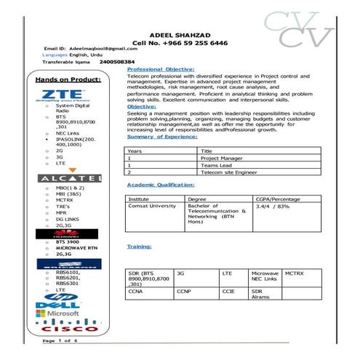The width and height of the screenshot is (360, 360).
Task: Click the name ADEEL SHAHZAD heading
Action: coord(180,34)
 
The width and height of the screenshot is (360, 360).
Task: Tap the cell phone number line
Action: coord(180,43)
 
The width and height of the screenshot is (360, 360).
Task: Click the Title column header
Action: coord(207,151)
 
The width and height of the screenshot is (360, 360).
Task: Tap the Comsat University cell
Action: coord(152,206)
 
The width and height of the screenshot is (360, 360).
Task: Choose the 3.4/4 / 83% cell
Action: coord(273,206)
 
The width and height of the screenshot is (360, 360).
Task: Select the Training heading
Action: coord(140,247)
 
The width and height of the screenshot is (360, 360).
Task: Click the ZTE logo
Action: coord(58,95)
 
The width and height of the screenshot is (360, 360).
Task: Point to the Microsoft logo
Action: coord(61,313)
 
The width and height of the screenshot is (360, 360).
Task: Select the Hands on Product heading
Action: coord(68,78)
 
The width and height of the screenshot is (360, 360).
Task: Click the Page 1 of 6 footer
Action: coord(60,340)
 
